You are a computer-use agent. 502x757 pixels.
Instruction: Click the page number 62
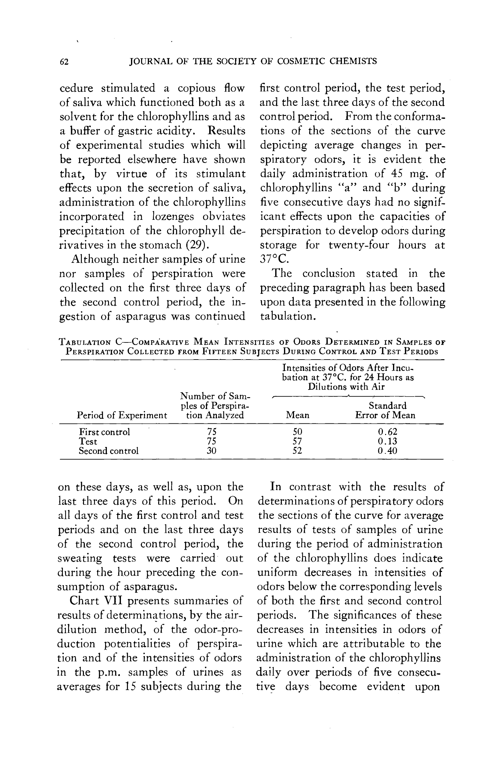pyautogui.click(x=64, y=61)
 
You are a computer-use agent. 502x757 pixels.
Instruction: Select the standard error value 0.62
pyautogui.click(x=387, y=432)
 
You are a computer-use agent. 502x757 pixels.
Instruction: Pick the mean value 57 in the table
pyautogui.click(x=297, y=441)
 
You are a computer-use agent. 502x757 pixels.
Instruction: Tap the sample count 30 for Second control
pyautogui.click(x=211, y=451)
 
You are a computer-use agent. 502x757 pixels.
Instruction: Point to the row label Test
pyautogui.click(x=88, y=441)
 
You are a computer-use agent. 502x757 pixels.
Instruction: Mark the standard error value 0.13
pyautogui.click(x=387, y=441)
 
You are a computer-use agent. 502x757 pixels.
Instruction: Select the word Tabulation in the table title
pyautogui.click(x=85, y=342)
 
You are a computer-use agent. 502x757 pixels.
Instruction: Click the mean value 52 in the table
pyautogui.click(x=297, y=451)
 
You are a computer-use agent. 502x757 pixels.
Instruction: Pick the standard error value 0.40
pyautogui.click(x=387, y=451)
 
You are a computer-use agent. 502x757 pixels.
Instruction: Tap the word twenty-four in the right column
pyautogui.click(x=358, y=245)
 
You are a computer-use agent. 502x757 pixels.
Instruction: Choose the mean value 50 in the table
pyautogui.click(x=297, y=432)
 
